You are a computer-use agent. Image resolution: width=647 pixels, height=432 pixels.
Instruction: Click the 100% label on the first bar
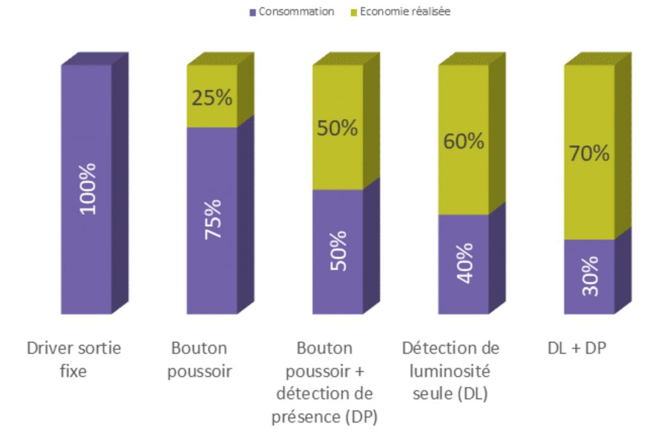tap(87, 188)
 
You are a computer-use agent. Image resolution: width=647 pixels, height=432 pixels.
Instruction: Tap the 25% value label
tap(212, 99)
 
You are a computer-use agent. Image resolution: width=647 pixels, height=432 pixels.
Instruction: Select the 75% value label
tap(213, 218)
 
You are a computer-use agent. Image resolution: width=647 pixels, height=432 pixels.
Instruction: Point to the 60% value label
tap(463, 141)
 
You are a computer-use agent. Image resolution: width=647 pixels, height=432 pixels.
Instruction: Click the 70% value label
tap(589, 153)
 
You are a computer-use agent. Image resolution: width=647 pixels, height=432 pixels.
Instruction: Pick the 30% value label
tap(589, 276)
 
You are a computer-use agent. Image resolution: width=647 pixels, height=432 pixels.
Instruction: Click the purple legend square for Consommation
tap(253, 12)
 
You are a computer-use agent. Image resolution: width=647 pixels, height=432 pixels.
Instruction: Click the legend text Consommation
tap(296, 12)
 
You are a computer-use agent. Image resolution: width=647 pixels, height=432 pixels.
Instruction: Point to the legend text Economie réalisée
tap(405, 12)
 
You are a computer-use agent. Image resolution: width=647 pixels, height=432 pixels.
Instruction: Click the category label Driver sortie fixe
tap(74, 359)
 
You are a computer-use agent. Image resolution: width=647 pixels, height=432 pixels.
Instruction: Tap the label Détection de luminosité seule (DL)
tap(450, 371)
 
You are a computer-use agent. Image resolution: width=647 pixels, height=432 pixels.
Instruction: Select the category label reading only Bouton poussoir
tap(200, 359)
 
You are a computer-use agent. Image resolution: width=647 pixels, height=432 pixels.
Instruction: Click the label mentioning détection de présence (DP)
tap(325, 382)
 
